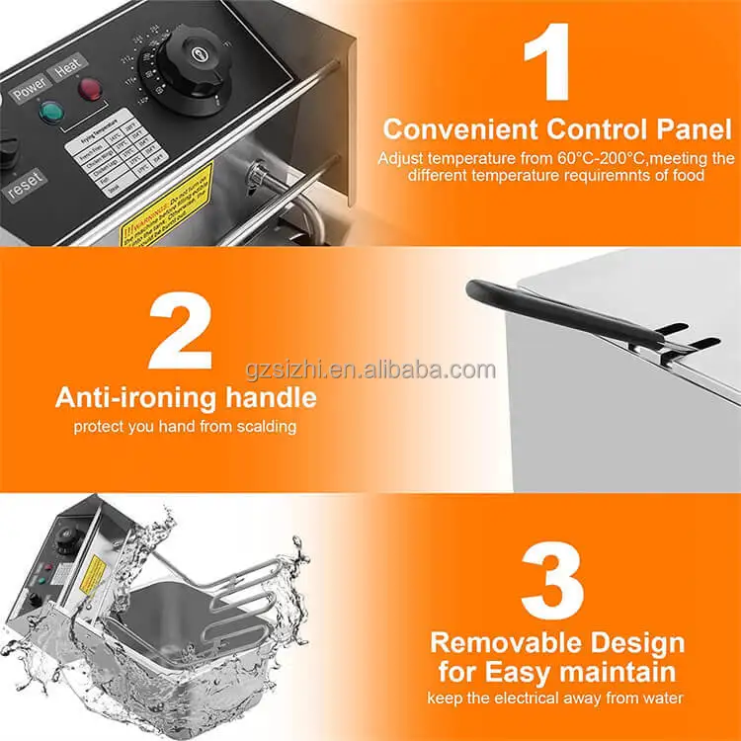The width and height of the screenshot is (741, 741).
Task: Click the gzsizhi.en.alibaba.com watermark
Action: (x=370, y=370)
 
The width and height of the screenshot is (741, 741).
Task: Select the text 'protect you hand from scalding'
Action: (x=185, y=428)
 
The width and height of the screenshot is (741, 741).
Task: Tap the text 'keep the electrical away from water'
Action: (x=556, y=699)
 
